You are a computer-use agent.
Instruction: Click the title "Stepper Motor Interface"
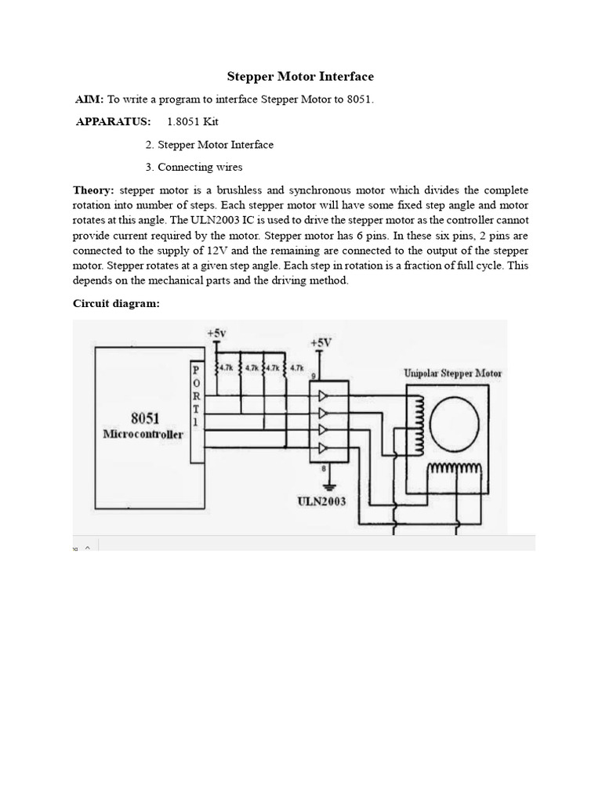coord(300,77)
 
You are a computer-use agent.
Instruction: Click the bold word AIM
coord(89,99)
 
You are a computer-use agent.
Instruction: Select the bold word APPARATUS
coord(113,122)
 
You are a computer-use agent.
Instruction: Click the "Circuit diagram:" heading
coord(116,304)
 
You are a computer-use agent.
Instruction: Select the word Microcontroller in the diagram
coord(143,434)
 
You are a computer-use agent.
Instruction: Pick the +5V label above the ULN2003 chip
coord(321,342)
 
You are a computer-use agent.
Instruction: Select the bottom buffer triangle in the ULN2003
coord(323,448)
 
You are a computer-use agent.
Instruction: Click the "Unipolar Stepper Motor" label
coord(452,374)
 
